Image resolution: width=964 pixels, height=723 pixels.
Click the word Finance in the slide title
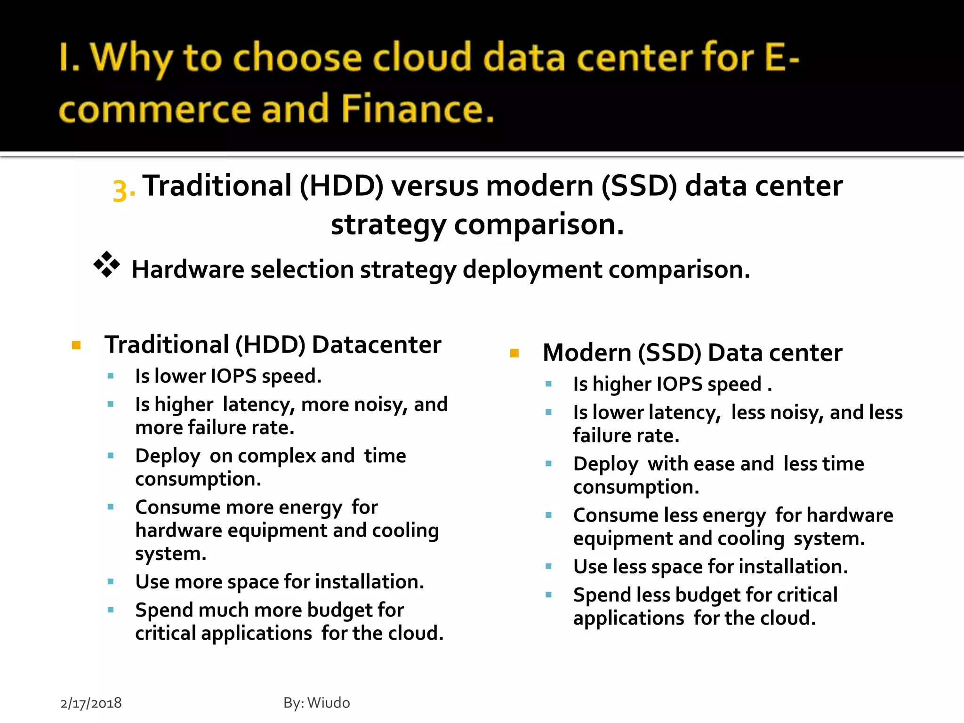(418, 109)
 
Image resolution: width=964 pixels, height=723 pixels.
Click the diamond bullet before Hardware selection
(106, 264)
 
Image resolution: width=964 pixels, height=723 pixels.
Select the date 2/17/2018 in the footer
(91, 703)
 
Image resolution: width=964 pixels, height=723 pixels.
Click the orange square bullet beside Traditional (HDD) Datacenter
(76, 345)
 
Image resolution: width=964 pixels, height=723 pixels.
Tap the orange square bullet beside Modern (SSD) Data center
(514, 353)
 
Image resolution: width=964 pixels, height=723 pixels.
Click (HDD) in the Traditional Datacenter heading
(270, 345)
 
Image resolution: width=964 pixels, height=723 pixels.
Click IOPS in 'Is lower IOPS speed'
(233, 376)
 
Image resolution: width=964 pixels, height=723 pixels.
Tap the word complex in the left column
(277, 456)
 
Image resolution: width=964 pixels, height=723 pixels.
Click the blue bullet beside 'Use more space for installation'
(111, 582)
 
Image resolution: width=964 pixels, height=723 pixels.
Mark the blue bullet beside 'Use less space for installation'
(548, 566)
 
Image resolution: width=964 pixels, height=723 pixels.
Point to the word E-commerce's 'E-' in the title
(782, 57)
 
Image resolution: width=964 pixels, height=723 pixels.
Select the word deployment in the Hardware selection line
(532, 270)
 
